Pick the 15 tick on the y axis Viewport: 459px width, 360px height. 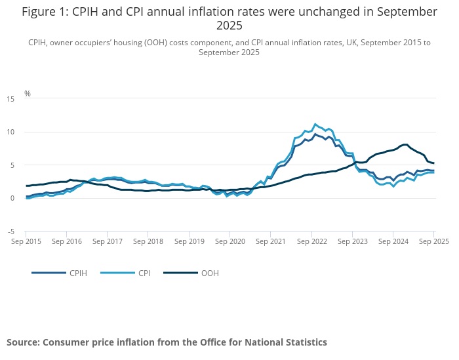tap(10, 99)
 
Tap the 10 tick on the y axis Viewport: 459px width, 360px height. tap(10, 132)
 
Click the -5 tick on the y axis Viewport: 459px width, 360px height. tap(10, 231)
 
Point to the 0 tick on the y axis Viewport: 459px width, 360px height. tap(12, 198)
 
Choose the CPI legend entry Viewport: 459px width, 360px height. tap(144, 273)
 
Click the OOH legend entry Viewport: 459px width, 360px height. tap(209, 273)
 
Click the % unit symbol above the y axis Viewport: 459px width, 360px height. tap(28, 93)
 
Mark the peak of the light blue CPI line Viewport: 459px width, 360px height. tap(315, 123)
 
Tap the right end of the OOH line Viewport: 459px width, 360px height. tap(434, 163)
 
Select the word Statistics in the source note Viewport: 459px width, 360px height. tap(302, 342)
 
